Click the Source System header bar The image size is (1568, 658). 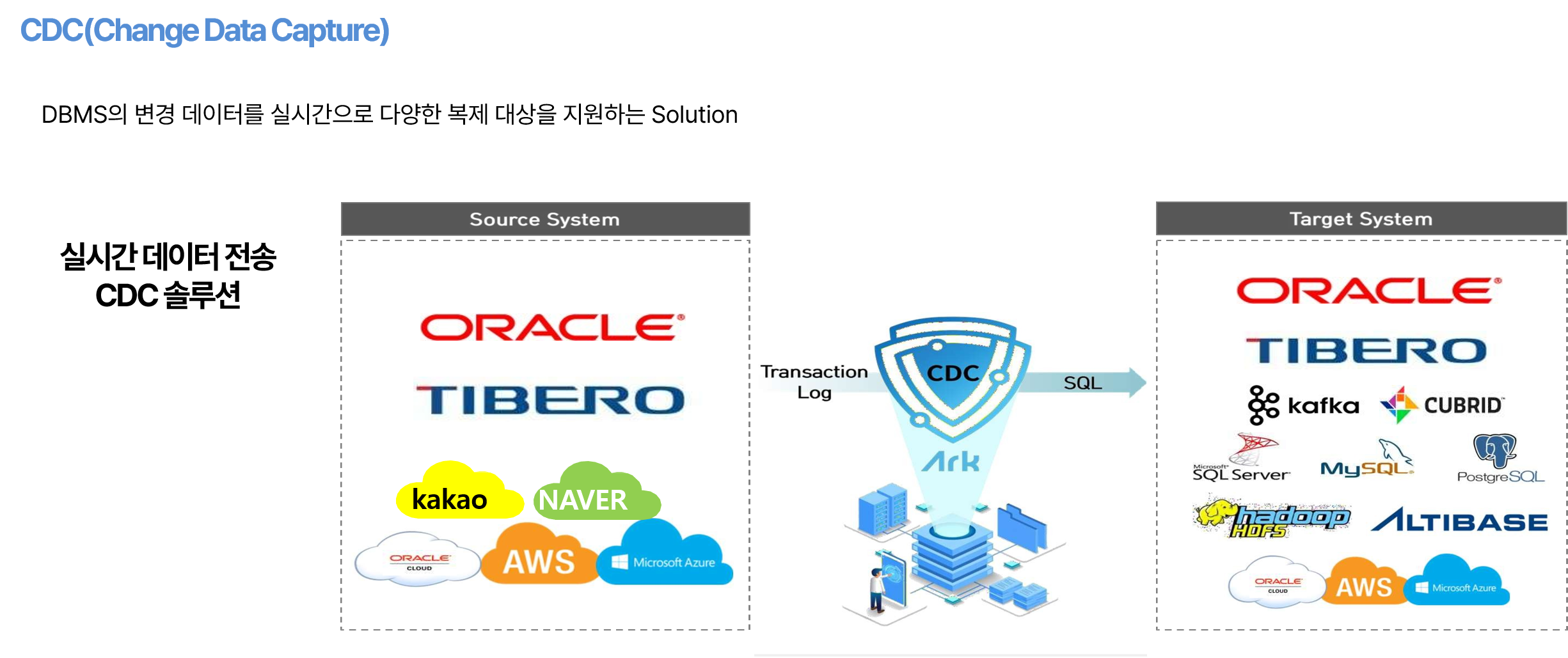pos(545,219)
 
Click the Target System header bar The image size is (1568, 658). pos(1361,219)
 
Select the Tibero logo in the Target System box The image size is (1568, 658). pos(1366,351)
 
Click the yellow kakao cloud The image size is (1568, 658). pos(458,491)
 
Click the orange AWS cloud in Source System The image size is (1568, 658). pos(539,554)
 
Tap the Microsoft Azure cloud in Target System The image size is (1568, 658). pos(1456,580)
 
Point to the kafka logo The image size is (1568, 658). pos(1303,405)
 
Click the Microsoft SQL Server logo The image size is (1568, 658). pos(1241,457)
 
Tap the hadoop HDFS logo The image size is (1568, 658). pos(1272,517)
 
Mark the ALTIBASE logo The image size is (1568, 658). pos(1459,520)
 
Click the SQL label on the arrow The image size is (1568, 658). pos(1082,383)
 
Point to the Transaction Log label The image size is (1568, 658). pos(814,382)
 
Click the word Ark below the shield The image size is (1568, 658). pos(951,461)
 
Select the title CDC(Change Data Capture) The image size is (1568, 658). pos(205,31)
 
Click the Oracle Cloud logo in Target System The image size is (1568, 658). pos(1277,581)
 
